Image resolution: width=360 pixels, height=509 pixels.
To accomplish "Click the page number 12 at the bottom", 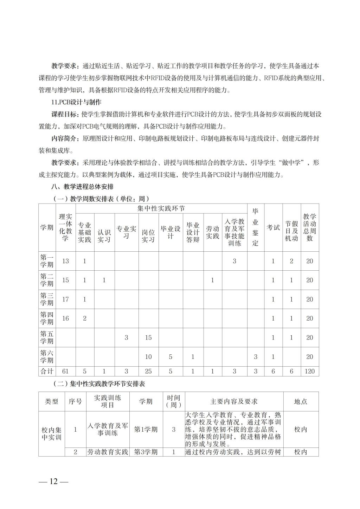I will tap(53, 481).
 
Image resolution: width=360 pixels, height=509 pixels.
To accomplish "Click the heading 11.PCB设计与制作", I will tap(76, 102).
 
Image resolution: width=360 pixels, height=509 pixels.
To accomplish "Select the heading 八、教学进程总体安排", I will tap(82, 186).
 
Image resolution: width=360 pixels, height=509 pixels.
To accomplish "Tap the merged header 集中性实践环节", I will tap(161, 208).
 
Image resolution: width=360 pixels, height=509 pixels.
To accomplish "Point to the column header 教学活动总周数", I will tap(309, 227).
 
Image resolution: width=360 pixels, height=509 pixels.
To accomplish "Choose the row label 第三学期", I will tap(47, 299).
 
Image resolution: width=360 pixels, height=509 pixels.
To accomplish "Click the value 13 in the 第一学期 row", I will tap(65, 261).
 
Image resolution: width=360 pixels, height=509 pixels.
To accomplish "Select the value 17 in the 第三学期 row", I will tap(65, 299).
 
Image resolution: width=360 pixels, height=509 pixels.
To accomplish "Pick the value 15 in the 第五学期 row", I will tap(148, 337).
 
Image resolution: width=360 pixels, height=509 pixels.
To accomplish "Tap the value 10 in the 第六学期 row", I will tap(148, 357).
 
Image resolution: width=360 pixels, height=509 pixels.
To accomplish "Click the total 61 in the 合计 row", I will tap(65, 371).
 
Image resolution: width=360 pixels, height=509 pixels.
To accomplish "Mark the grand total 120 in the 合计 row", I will tap(309, 371).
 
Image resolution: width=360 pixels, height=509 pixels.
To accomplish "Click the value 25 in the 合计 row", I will tap(148, 371).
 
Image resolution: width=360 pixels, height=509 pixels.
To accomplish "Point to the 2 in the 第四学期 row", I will tap(84, 318).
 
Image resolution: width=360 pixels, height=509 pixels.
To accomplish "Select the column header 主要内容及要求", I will tap(234, 401).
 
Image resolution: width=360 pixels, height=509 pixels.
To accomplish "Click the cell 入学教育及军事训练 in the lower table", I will tap(108, 429).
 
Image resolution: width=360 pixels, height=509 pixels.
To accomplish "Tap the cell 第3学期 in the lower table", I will tap(146, 452).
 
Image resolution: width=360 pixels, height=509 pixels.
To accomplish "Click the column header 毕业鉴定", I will tap(256, 227).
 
